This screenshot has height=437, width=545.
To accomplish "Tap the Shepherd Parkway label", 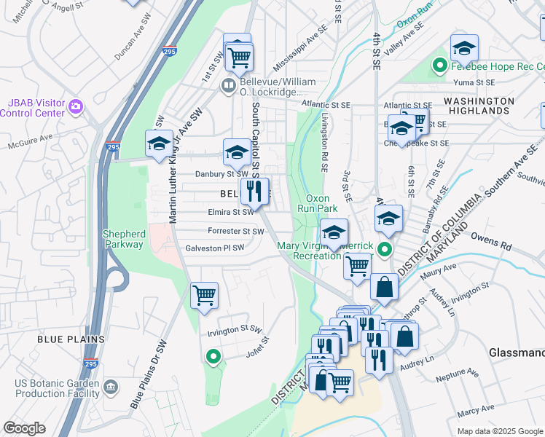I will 123,239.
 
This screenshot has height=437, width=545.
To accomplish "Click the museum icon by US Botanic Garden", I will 111,385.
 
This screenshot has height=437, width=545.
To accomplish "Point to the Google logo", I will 24,428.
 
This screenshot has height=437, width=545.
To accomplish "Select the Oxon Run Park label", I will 318,202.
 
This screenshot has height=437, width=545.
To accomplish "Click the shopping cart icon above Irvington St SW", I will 204,296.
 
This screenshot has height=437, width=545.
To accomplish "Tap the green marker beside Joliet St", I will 213,357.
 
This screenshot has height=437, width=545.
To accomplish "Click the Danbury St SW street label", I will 222,174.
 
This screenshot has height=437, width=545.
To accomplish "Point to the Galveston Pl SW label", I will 215,248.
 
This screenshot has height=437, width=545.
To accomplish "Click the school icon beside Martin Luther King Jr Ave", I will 159,143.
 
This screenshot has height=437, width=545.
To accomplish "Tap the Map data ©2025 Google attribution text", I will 499,431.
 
